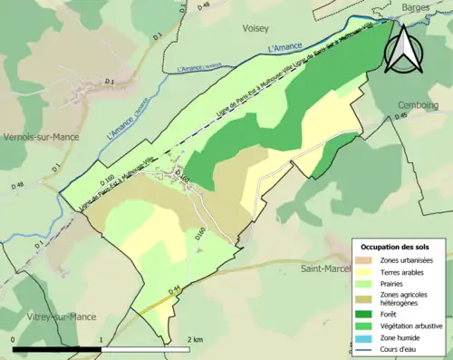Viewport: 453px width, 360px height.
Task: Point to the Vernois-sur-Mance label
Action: point(40,137)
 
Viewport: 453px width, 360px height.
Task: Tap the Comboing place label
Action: point(419,105)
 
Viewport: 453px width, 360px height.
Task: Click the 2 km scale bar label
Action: point(194,339)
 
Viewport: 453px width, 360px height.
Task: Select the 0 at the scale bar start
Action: point(14,339)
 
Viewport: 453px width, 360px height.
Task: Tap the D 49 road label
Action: point(403,116)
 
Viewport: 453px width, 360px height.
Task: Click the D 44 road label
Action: point(177,289)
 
